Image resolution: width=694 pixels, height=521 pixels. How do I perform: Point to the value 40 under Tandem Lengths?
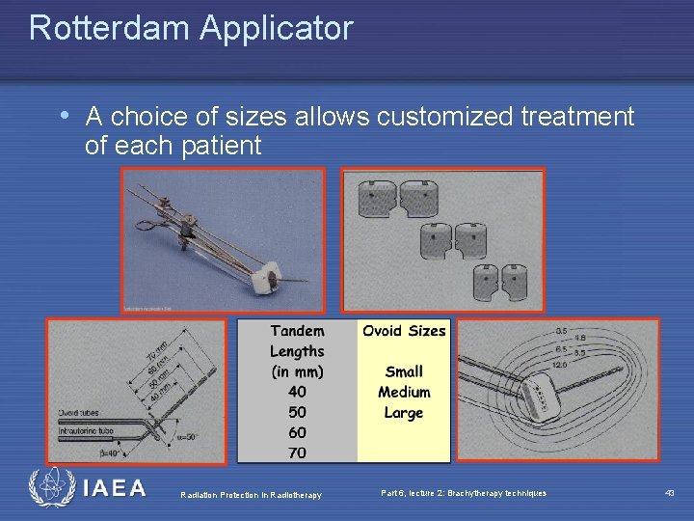point(297,392)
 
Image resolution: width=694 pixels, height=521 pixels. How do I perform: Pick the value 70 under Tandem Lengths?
point(297,452)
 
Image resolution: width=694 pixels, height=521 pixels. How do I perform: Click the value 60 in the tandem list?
point(297,432)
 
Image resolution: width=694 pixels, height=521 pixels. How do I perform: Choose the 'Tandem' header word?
point(297,331)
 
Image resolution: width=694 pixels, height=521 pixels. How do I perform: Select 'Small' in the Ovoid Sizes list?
point(404,371)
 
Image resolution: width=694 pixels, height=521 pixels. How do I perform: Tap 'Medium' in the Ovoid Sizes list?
point(404,392)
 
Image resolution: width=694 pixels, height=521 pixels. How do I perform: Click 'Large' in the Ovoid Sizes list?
point(404,413)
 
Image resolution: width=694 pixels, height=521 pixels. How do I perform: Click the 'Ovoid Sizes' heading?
point(404,331)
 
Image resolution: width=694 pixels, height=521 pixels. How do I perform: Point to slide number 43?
point(670,493)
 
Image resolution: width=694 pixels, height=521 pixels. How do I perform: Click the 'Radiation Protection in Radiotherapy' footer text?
point(251,494)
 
